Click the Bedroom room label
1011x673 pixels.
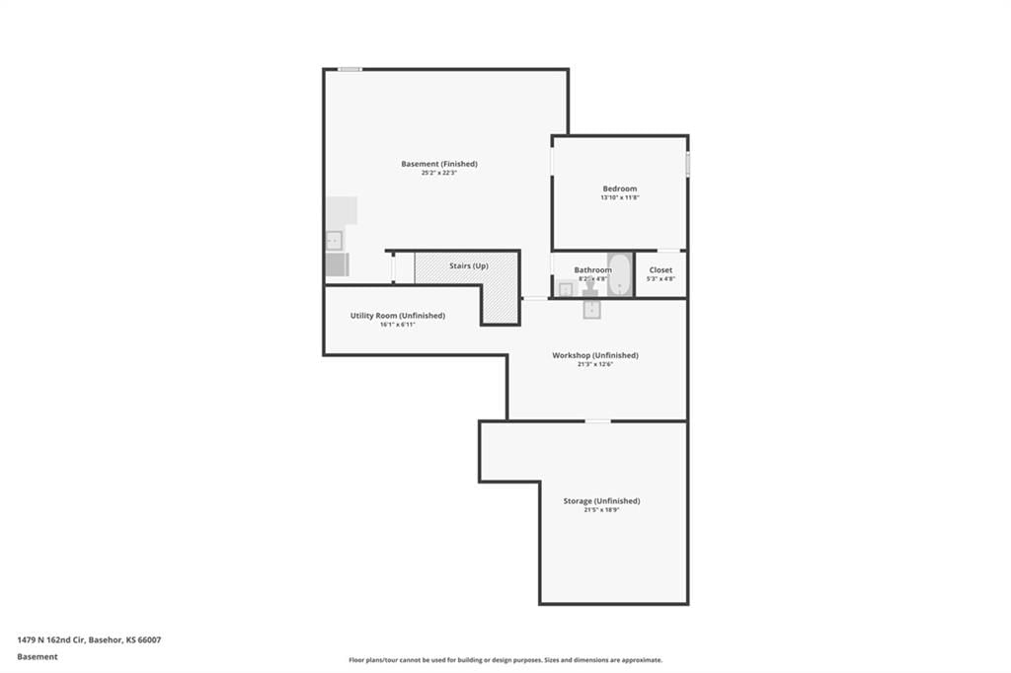[620, 188]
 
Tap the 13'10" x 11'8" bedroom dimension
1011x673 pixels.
[620, 198]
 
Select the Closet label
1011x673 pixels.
[661, 270]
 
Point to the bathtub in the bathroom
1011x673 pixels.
[620, 274]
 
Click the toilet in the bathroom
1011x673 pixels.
[590, 288]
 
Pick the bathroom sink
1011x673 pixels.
[566, 289]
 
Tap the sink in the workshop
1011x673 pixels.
[592, 310]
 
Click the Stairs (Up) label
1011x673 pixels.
[469, 265]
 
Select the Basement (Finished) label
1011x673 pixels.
[439, 164]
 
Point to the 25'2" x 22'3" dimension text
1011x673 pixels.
[439, 173]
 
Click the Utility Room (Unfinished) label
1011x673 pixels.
[398, 316]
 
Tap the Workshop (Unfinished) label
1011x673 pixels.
[595, 355]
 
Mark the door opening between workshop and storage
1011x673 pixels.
[597, 421]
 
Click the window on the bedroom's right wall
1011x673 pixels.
[688, 163]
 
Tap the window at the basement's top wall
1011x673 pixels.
[350, 69]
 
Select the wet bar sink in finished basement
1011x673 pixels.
[334, 241]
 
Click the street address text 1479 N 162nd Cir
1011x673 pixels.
[51, 640]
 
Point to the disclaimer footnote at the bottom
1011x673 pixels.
[505, 660]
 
